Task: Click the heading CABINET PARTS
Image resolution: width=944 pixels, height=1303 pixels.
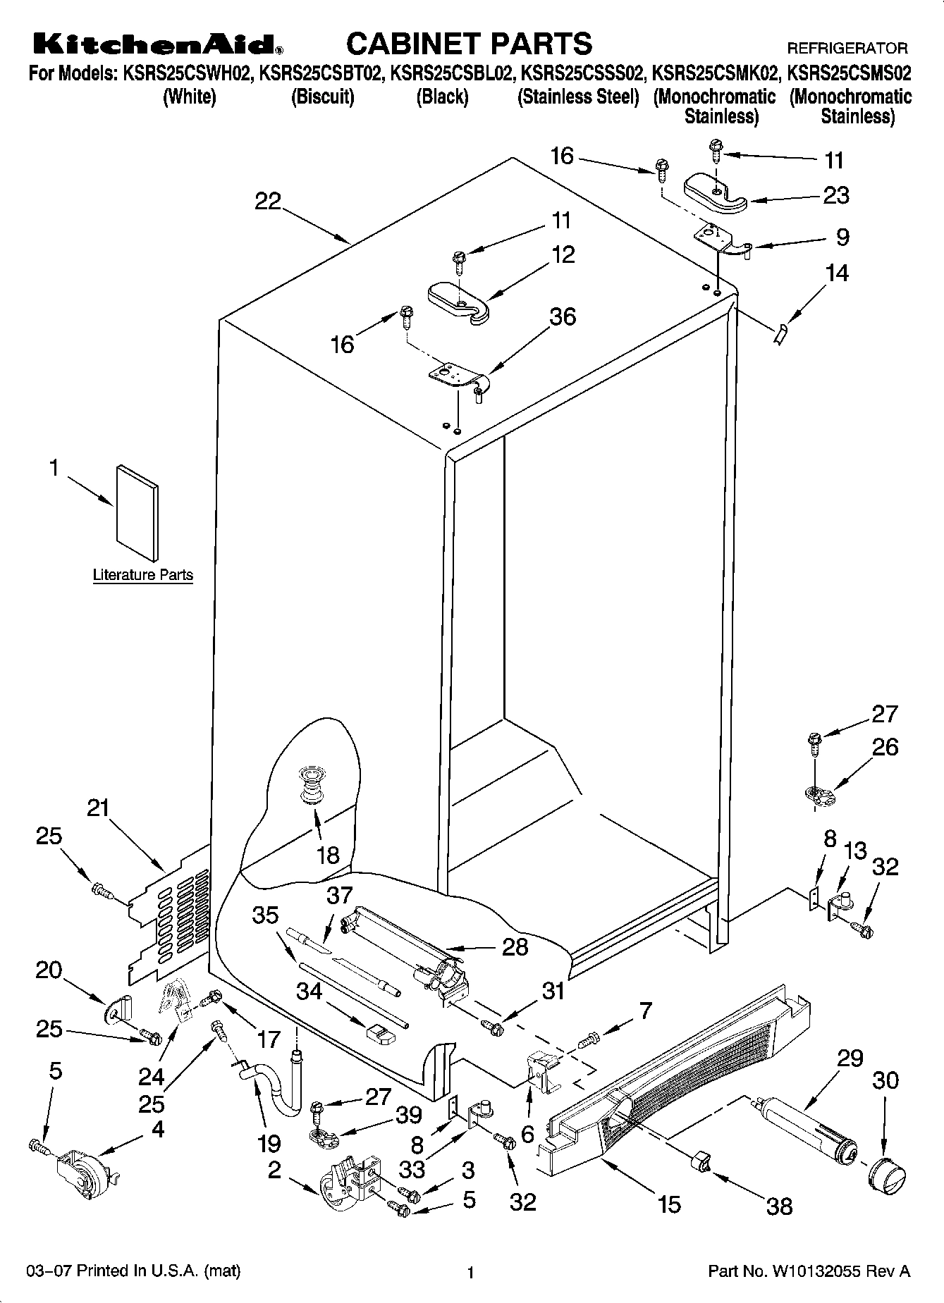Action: tap(469, 44)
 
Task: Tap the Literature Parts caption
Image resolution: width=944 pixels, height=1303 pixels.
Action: tap(143, 575)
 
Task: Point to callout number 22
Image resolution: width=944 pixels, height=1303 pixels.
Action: tap(268, 202)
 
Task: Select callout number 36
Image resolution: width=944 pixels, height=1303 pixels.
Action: tap(563, 317)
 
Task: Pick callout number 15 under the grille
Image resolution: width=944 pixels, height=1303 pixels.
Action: tap(669, 1204)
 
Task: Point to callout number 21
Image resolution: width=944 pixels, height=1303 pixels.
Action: tap(98, 807)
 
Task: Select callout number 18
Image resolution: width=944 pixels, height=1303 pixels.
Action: tap(329, 855)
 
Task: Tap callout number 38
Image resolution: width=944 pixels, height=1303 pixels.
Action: tap(780, 1206)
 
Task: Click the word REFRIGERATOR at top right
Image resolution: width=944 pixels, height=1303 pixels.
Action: tap(847, 49)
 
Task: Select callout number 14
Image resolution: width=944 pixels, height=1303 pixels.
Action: tap(837, 273)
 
